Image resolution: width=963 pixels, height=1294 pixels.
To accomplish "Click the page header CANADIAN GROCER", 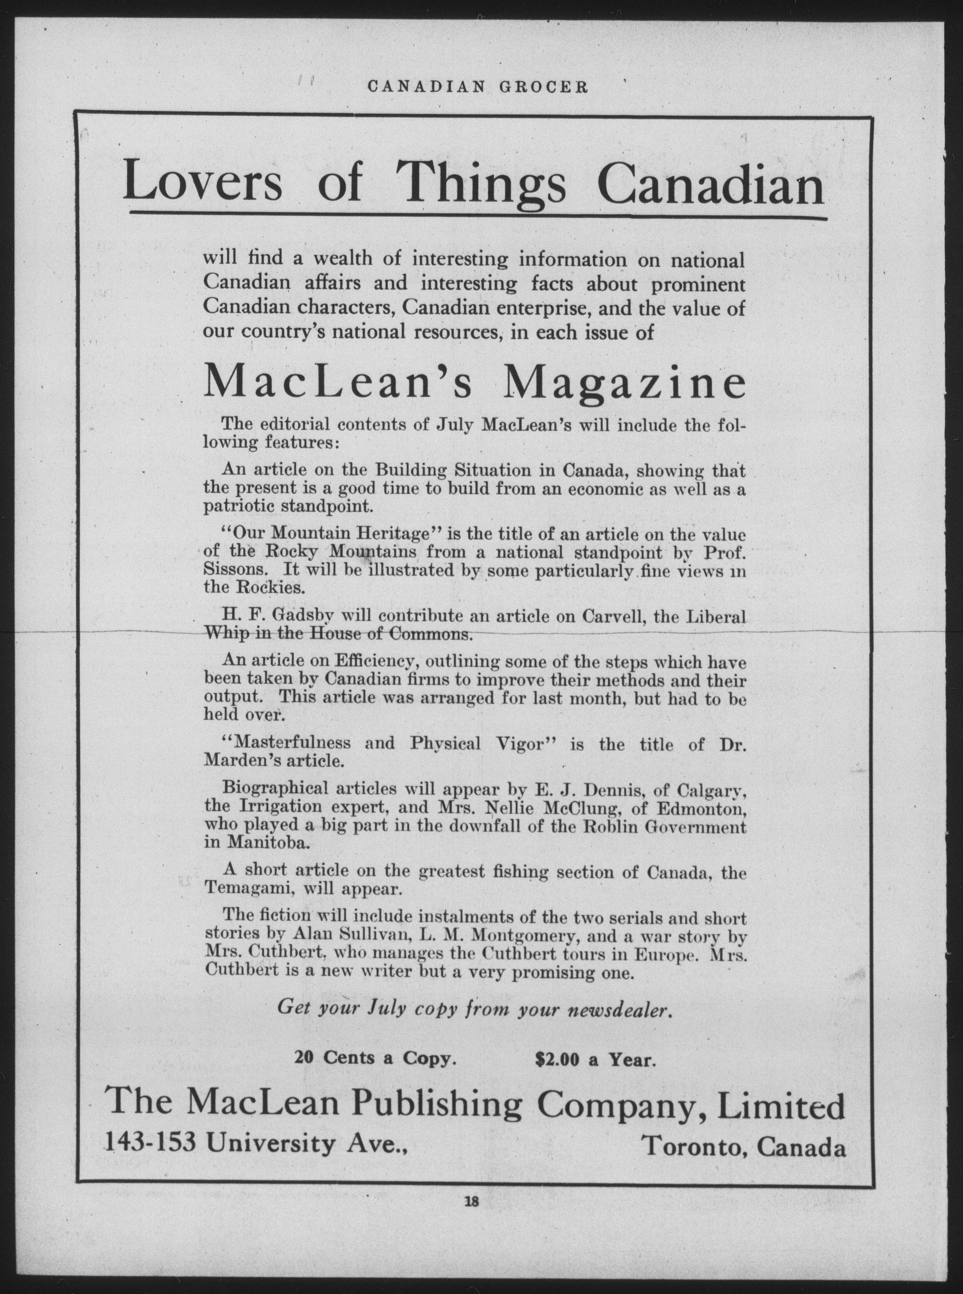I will click(478, 87).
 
